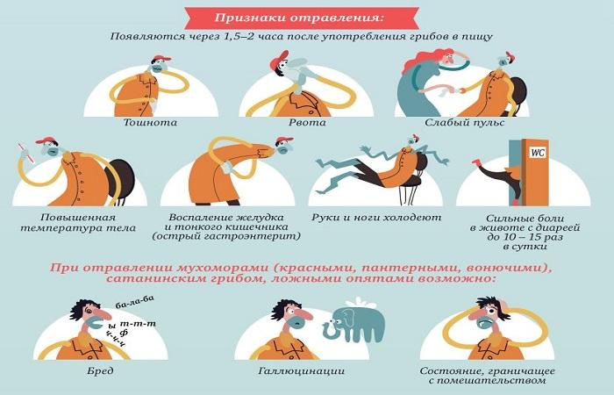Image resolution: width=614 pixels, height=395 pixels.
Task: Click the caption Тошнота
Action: pos(151,123)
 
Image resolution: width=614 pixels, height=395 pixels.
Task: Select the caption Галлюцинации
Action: pos(307,372)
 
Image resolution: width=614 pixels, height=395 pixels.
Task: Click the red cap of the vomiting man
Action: pos(279,57)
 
